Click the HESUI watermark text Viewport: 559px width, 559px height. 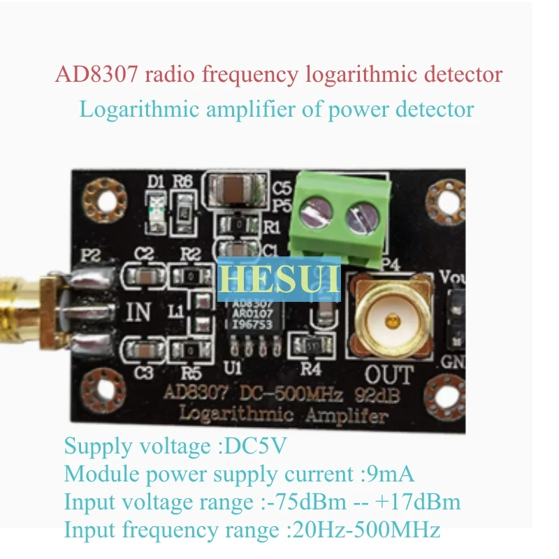pos(279,277)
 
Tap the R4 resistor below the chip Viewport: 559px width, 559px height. pos(307,344)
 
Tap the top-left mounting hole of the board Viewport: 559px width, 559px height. pos(101,199)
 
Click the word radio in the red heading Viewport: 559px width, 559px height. pos(172,74)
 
